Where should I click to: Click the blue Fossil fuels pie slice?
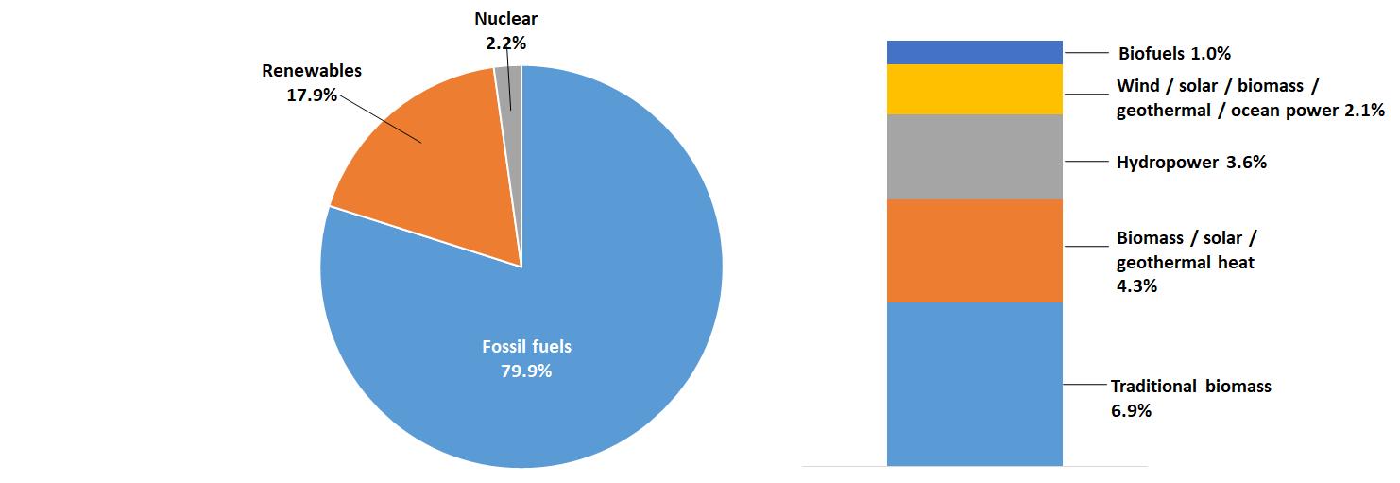click(567, 284)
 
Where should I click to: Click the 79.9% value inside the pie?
click(526, 371)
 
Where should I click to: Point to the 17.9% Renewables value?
click(311, 95)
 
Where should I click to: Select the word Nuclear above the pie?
click(505, 19)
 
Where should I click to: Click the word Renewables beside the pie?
click(312, 71)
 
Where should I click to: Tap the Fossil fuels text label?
click(526, 347)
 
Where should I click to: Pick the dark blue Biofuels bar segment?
click(975, 52)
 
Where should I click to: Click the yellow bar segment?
click(975, 89)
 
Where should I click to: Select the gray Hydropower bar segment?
click(975, 156)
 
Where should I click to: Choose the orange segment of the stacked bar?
click(975, 250)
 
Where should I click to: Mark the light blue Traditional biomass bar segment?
click(975, 383)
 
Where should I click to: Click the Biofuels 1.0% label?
click(1174, 53)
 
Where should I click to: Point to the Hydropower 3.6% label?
click(1191, 163)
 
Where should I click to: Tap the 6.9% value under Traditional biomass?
click(1131, 411)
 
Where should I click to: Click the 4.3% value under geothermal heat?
click(1136, 285)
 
